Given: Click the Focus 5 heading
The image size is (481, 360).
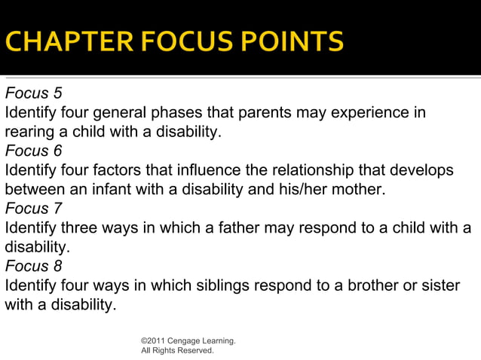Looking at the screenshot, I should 33,94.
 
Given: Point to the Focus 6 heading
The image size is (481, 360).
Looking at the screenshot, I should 33,151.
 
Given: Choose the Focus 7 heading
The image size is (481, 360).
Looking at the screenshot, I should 33,209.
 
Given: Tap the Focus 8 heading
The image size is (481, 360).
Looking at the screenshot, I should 33,266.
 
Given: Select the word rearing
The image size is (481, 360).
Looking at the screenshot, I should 28,133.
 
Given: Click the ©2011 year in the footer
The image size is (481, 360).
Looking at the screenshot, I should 155,341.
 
